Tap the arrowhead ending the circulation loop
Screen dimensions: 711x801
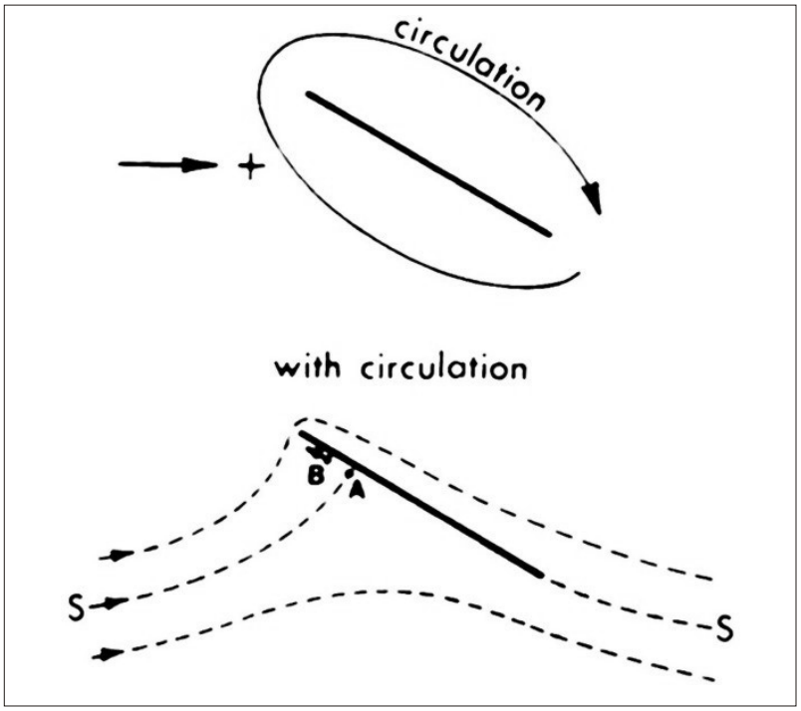click(x=594, y=199)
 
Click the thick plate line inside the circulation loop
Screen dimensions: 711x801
click(x=428, y=164)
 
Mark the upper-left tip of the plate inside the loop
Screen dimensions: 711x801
click(x=310, y=96)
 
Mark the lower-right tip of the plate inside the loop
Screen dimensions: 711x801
click(x=547, y=234)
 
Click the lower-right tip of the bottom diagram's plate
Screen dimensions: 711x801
click(x=539, y=574)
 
